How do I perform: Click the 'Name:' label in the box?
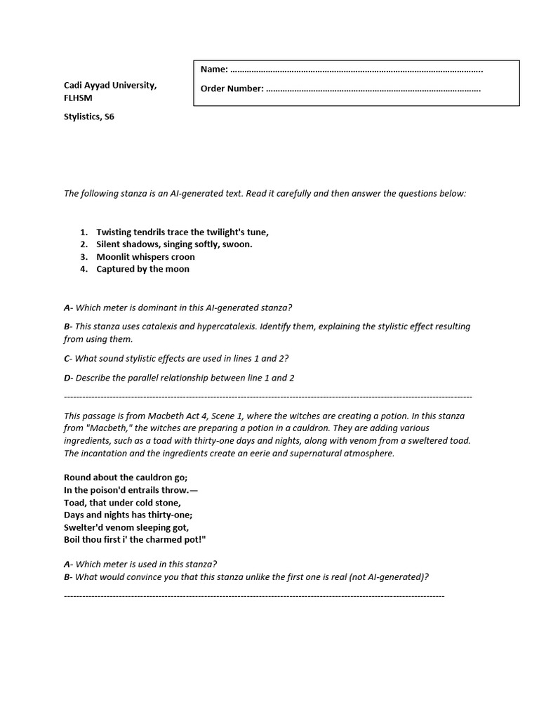click(x=214, y=70)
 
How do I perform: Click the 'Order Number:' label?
click(x=232, y=88)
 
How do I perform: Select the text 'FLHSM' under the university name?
click(x=78, y=98)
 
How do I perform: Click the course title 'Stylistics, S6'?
click(x=89, y=117)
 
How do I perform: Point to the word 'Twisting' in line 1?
click(x=115, y=232)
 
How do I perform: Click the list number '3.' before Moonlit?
click(x=84, y=257)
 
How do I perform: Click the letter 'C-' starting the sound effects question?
click(x=68, y=358)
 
